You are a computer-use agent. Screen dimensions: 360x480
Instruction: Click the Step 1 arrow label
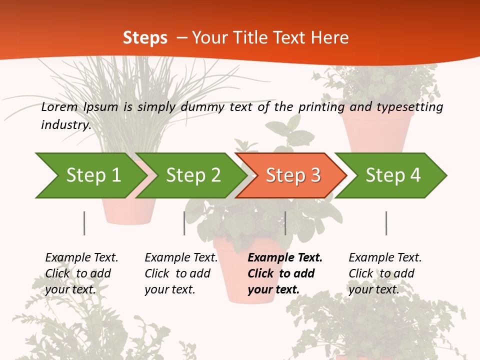tap(93, 175)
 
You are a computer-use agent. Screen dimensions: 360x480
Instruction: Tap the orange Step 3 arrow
tap(293, 175)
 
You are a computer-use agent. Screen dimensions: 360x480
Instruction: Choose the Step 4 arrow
tap(393, 175)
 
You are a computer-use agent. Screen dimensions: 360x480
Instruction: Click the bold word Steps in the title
tap(145, 38)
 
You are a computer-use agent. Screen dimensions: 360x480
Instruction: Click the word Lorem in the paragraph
tap(59, 107)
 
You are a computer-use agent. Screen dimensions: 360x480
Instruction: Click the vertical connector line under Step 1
tap(84, 223)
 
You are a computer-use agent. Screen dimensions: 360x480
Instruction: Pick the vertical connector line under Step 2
tap(184, 223)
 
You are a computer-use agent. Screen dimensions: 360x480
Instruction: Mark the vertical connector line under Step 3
tap(285, 223)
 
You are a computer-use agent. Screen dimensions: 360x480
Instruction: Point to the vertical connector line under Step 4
tap(386, 223)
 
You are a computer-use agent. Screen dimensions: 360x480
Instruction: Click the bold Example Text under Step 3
tap(285, 258)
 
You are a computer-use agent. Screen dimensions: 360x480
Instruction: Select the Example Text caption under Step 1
tap(81, 258)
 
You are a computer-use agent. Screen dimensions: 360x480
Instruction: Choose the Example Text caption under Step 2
tap(181, 258)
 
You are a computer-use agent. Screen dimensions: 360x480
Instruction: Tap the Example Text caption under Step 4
tap(385, 258)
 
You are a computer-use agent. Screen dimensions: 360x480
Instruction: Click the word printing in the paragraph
tap(321, 107)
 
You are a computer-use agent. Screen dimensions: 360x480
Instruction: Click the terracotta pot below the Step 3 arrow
tap(235, 280)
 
